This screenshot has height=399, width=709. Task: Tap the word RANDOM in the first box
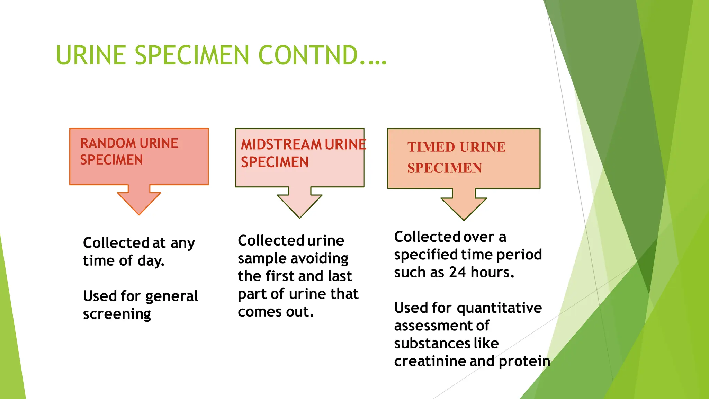click(108, 143)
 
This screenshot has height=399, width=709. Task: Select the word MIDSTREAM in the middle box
click(281, 144)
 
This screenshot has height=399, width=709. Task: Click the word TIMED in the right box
click(431, 147)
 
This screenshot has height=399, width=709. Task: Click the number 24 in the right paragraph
click(457, 272)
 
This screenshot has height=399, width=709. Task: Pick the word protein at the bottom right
click(524, 361)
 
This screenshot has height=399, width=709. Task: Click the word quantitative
click(499, 308)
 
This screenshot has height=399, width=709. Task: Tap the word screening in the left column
click(117, 314)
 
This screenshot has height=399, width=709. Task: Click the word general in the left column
click(172, 296)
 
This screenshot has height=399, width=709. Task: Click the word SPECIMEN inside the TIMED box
click(445, 168)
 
